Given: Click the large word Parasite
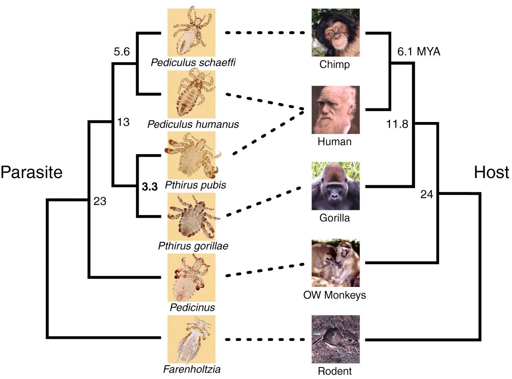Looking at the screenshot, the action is pyautogui.click(x=32, y=172).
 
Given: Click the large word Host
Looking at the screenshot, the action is pyautogui.click(x=491, y=172).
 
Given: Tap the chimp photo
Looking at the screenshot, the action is pyautogui.click(x=335, y=32).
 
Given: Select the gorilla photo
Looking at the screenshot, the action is pyautogui.click(x=335, y=186).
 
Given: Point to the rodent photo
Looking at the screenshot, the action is pyautogui.click(x=335, y=339).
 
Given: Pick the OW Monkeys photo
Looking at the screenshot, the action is pyautogui.click(x=335, y=263).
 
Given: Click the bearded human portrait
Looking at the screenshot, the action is pyautogui.click(x=335, y=110).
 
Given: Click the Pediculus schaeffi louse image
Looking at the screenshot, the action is pyautogui.click(x=192, y=32).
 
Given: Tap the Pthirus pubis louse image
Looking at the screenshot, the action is pyautogui.click(x=192, y=155).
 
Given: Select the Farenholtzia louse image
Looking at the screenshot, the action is pyautogui.click(x=192, y=339).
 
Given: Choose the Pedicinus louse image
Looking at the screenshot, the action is pyautogui.click(x=192, y=277).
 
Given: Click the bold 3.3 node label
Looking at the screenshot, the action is pyautogui.click(x=150, y=187).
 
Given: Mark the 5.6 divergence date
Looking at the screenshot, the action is pyautogui.click(x=122, y=52).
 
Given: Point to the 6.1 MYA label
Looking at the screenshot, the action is pyautogui.click(x=419, y=52).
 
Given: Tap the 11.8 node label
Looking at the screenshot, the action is pyautogui.click(x=397, y=124).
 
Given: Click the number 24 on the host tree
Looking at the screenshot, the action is pyautogui.click(x=427, y=195).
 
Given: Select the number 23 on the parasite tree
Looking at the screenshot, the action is pyautogui.click(x=100, y=201).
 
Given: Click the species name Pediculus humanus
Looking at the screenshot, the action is pyautogui.click(x=193, y=124).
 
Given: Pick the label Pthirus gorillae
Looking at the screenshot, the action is pyautogui.click(x=193, y=246).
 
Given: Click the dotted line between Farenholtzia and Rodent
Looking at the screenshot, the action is pyautogui.click(x=265, y=339).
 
